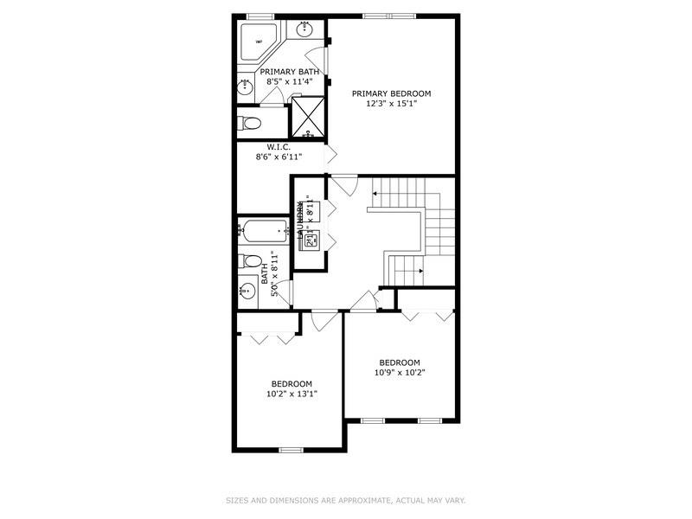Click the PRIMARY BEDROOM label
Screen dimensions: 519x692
(x=390, y=93)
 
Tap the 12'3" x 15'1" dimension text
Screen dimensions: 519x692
(x=390, y=104)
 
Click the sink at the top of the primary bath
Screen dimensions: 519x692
(x=306, y=31)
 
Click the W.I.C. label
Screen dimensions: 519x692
(x=279, y=146)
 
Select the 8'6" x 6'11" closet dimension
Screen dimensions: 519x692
(x=279, y=157)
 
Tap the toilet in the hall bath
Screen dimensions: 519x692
(x=250, y=260)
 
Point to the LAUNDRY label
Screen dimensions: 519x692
(x=300, y=221)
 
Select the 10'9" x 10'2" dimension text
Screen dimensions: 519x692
(x=399, y=373)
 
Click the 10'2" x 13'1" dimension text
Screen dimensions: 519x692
(x=292, y=394)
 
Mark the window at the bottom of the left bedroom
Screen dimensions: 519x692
(x=291, y=450)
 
